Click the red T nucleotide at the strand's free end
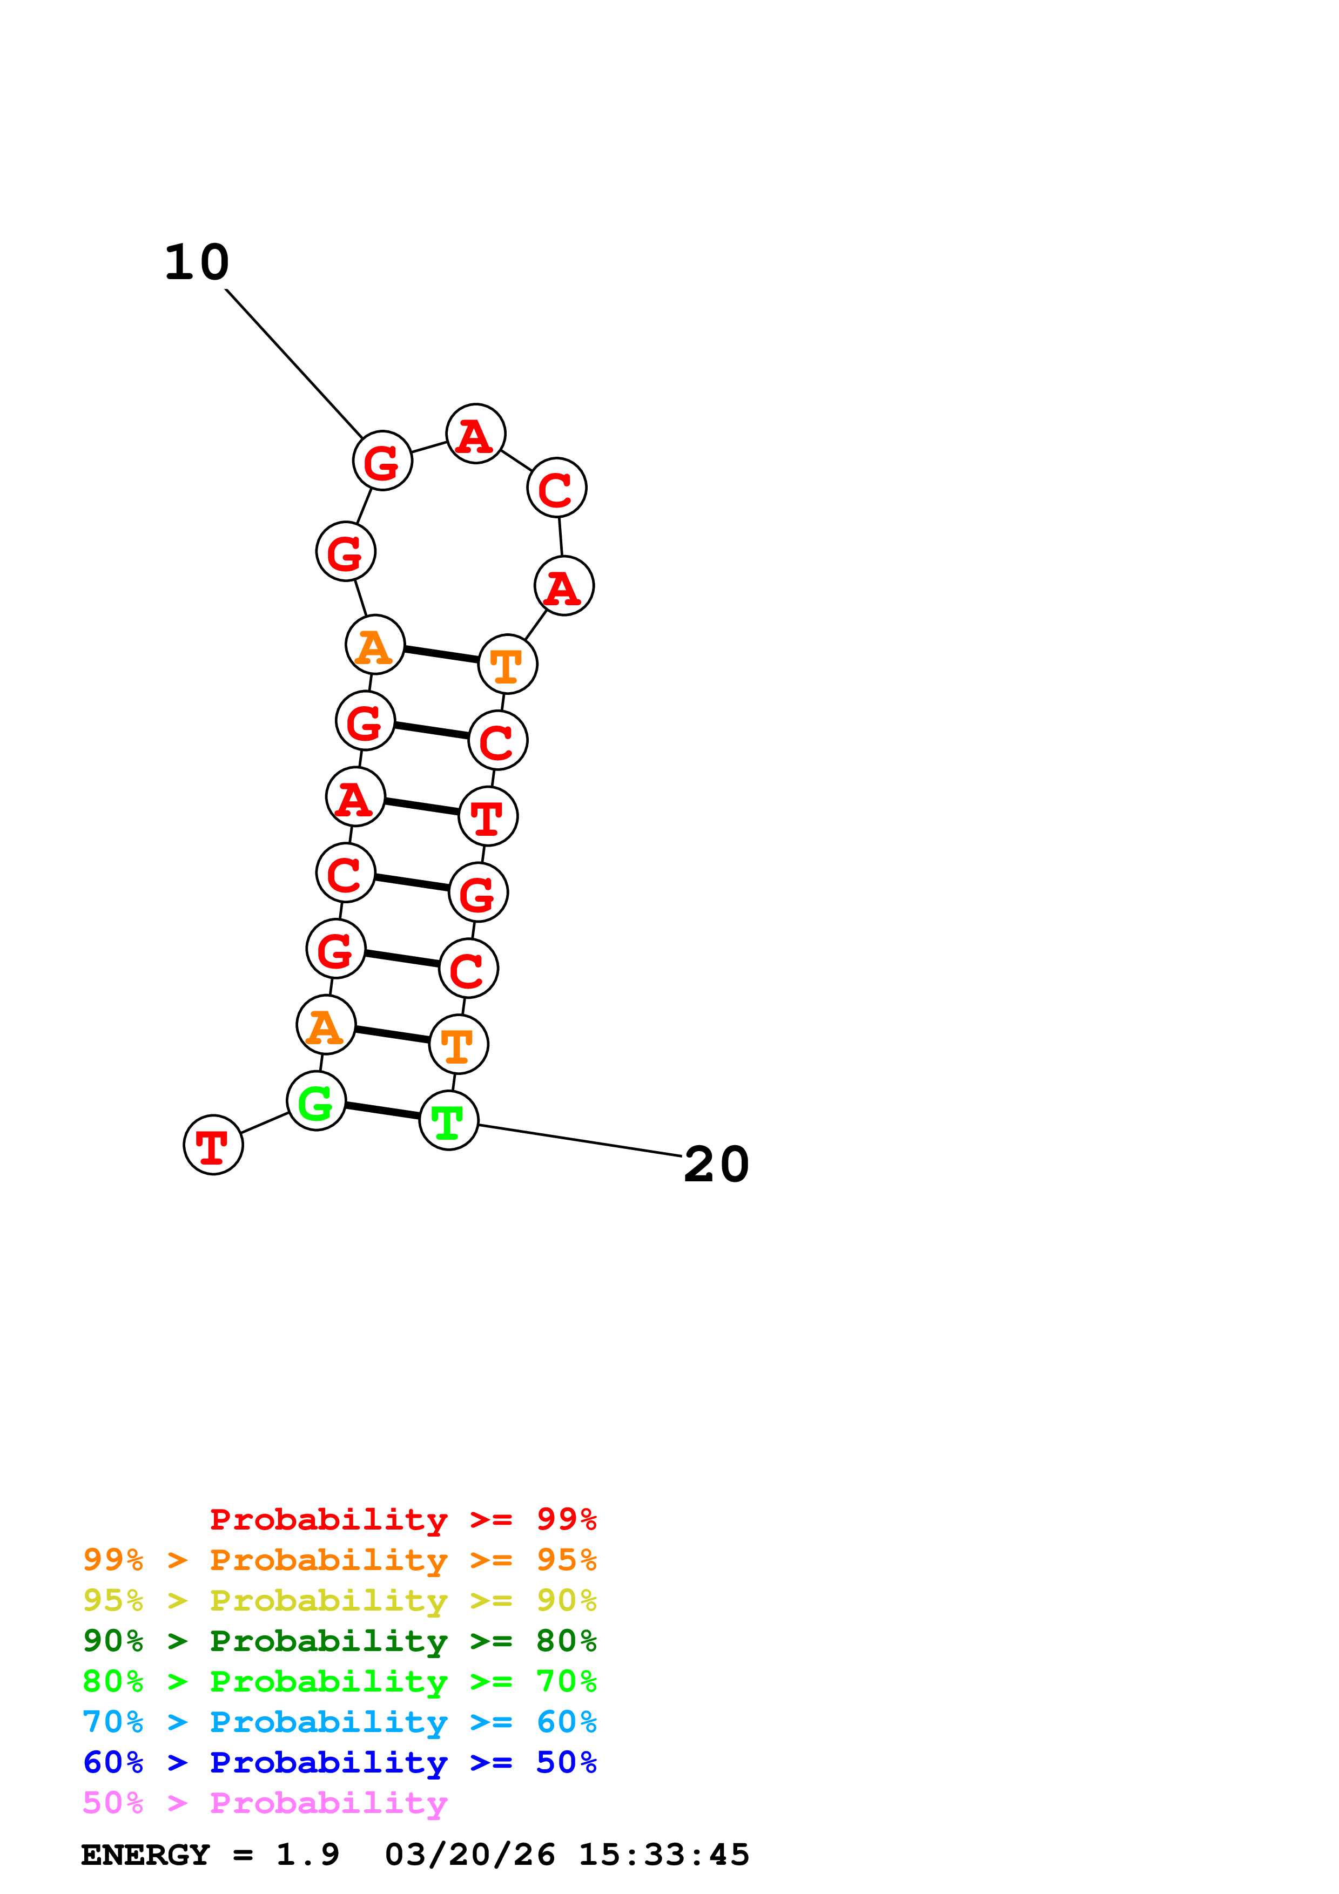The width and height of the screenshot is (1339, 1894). (x=213, y=1145)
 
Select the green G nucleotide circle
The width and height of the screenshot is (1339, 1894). (x=316, y=1100)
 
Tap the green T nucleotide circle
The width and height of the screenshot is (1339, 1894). (x=449, y=1120)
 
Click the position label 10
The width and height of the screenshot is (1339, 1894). (x=197, y=262)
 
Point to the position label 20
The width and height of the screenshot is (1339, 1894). (x=716, y=1165)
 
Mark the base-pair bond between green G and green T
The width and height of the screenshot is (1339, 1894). (x=382, y=1111)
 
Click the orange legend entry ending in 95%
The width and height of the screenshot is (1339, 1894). (x=339, y=1560)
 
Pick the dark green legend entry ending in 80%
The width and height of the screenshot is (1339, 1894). (x=339, y=1641)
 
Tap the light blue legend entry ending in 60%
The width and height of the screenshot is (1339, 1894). (x=339, y=1722)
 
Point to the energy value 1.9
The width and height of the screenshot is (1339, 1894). (x=307, y=1855)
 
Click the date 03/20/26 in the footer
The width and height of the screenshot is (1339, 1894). (x=469, y=1855)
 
